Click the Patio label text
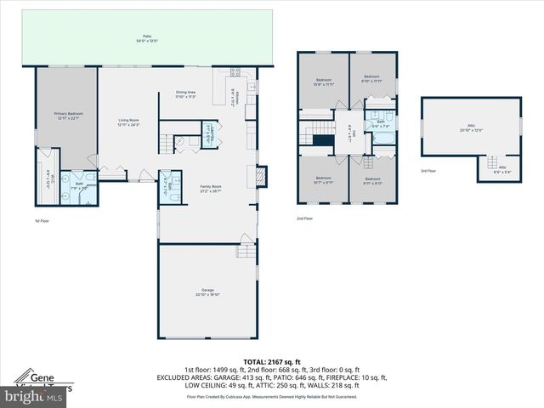[146, 38]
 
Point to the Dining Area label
[185, 93]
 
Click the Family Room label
[211, 189]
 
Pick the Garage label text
[207, 292]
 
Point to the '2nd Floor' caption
[304, 218]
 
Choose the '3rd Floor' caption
[429, 170]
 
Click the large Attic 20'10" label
[471, 128]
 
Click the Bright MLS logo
[32, 396]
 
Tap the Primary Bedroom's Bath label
[78, 186]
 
